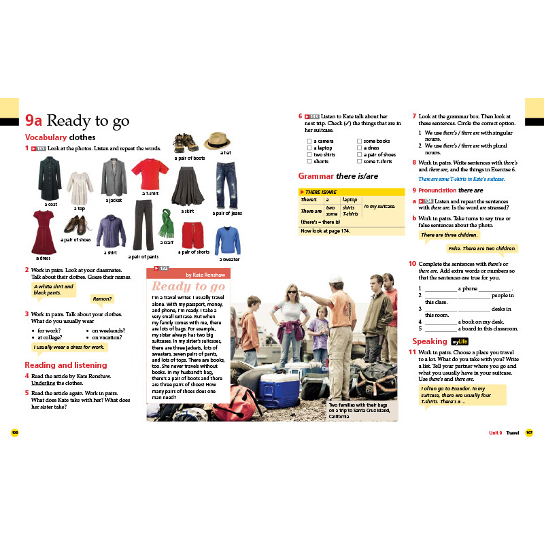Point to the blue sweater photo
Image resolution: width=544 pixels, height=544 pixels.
click(x=228, y=241)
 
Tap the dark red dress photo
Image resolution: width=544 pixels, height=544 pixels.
click(x=42, y=231)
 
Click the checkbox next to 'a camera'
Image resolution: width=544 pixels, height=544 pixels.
click(x=309, y=141)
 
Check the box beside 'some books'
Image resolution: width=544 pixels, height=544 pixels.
click(x=359, y=141)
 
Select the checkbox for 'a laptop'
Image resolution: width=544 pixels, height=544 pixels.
click(x=309, y=148)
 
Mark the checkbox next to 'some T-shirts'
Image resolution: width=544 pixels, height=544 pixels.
click(x=359, y=162)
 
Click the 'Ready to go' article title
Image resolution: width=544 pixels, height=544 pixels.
click(x=188, y=286)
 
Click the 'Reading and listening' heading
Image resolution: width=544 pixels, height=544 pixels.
click(x=65, y=365)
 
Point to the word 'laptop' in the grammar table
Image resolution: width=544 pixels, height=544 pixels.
click(x=350, y=200)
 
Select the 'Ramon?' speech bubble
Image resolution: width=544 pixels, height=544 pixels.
click(x=102, y=299)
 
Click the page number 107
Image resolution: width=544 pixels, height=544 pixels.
click(x=529, y=432)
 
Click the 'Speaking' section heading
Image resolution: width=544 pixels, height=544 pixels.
click(x=429, y=341)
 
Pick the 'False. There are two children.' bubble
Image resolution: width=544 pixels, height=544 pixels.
click(x=481, y=249)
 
